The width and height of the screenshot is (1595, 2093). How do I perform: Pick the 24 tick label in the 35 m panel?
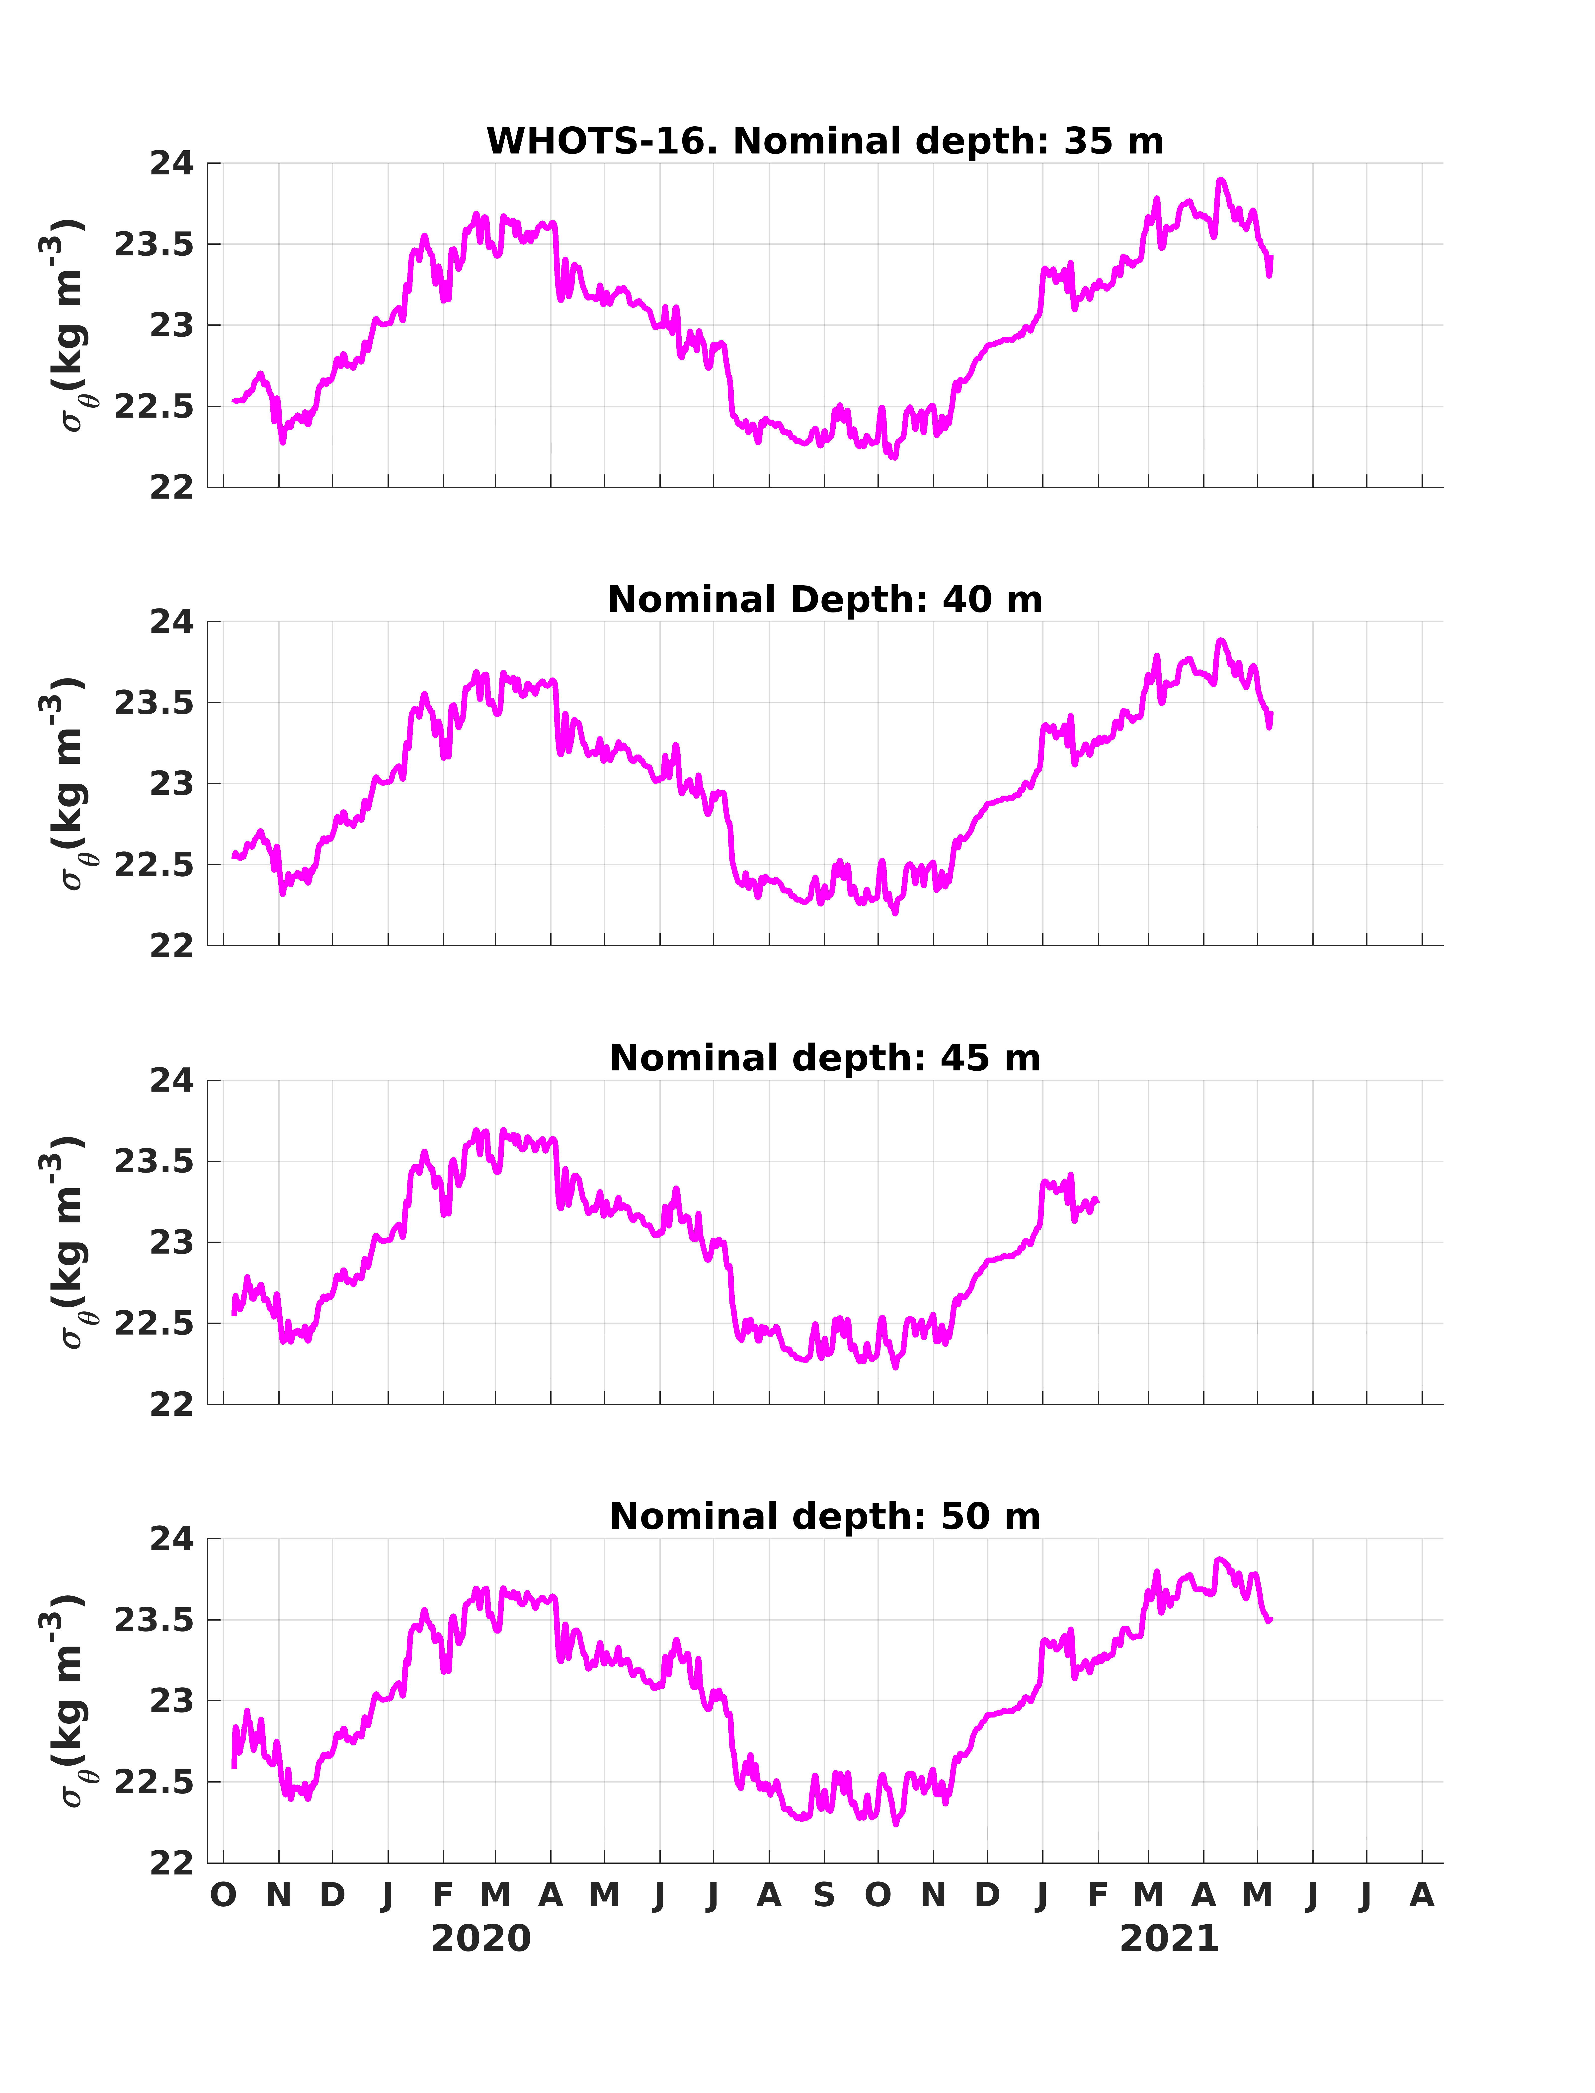tap(171, 163)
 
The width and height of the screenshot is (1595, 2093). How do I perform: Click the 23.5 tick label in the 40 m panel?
tap(154, 703)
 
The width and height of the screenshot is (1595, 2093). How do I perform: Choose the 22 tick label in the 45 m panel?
tap(171, 1405)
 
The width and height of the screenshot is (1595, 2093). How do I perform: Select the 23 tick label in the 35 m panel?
tap(171, 326)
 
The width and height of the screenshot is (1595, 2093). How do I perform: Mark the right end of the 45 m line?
tap(1098, 1201)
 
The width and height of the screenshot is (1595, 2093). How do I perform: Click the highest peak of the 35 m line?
tap(1220, 179)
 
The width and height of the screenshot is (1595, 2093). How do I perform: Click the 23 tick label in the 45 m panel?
tap(171, 1243)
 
